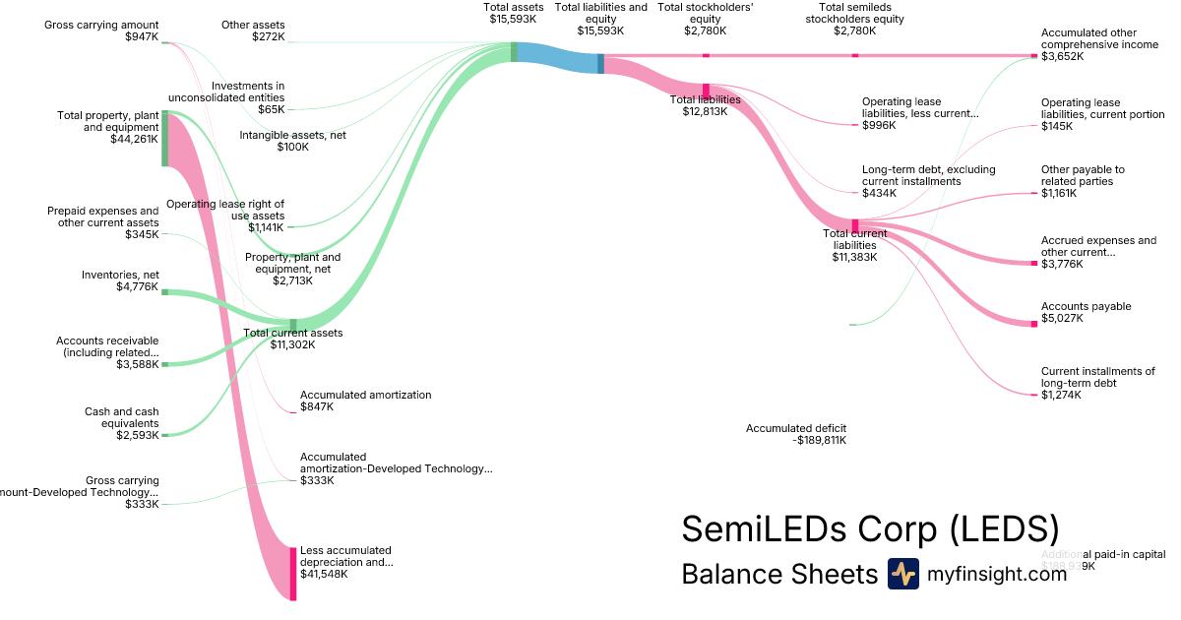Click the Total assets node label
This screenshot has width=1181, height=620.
pyautogui.click(x=514, y=13)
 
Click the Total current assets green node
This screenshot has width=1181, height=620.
pyautogui.click(x=293, y=325)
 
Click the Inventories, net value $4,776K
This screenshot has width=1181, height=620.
pyautogui.click(x=137, y=287)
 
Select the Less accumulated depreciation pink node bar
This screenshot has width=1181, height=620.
pyautogui.click(x=293, y=573)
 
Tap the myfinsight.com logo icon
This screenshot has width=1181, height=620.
pyautogui.click(x=902, y=574)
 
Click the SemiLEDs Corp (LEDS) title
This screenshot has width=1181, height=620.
pyautogui.click(x=870, y=528)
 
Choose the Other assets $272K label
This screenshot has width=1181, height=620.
pyautogui.click(x=253, y=31)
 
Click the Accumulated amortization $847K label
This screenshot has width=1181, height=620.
pyautogui.click(x=365, y=401)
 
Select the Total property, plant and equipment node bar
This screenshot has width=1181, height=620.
pyautogui.click(x=164, y=138)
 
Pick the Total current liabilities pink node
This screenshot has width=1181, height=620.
pyautogui.click(x=855, y=225)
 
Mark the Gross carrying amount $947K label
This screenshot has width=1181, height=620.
pyautogui.click(x=101, y=31)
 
